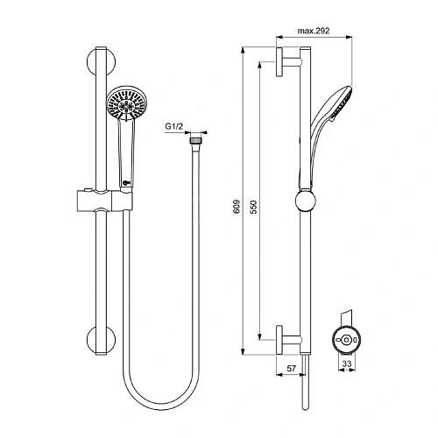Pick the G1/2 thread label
(x=174, y=128)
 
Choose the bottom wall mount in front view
(x=99, y=340)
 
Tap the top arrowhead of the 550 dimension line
(x=259, y=66)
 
